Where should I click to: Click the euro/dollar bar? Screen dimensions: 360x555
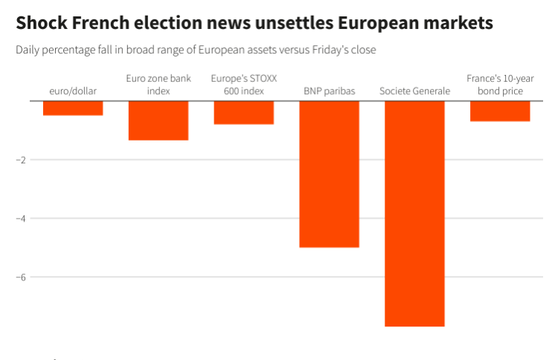pos(73,108)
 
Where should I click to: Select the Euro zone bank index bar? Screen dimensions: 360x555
pos(158,120)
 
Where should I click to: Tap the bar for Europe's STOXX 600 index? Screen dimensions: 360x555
pos(244,112)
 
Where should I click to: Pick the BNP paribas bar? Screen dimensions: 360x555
pos(330,174)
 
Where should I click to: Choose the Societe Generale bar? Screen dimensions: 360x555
pos(414,213)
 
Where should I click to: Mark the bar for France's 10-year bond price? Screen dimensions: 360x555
pos(500,111)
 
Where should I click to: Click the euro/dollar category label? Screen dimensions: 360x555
pos(73,91)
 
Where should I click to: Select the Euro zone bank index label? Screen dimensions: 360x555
pos(158,84)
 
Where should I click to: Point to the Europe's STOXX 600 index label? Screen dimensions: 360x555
pos(244,84)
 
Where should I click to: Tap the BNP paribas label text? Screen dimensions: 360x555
pos(330,91)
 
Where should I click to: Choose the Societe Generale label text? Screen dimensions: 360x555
pos(414,91)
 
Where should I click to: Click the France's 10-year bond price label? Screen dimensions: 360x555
pos(500,84)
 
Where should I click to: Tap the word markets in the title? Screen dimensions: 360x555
pos(456,24)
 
